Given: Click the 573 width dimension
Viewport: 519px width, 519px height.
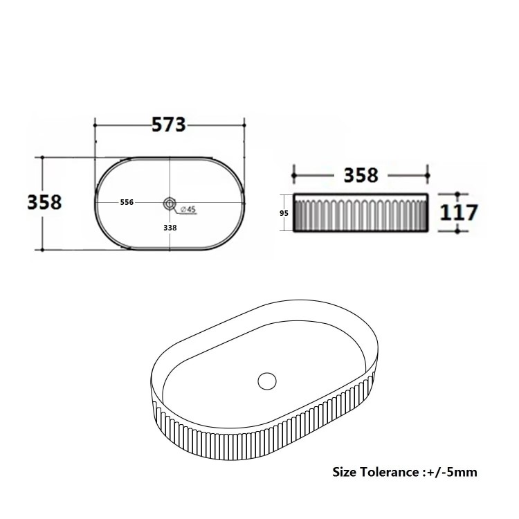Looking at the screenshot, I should pyautogui.click(x=169, y=125).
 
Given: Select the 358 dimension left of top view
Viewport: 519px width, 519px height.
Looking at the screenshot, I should pyautogui.click(x=45, y=201).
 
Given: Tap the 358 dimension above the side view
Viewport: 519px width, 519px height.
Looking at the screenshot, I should pyautogui.click(x=362, y=174).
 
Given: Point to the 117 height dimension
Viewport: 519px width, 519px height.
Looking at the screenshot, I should pyautogui.click(x=459, y=212).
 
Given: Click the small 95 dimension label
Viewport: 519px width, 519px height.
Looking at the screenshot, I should pyautogui.click(x=284, y=214).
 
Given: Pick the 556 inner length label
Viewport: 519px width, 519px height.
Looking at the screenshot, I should pyautogui.click(x=127, y=202).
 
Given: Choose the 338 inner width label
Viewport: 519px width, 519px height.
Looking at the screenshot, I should pyautogui.click(x=170, y=227).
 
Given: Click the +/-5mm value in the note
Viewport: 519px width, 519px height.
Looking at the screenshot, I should pyautogui.click(x=453, y=473).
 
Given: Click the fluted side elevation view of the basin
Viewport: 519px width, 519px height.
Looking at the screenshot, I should pyautogui.click(x=362, y=214).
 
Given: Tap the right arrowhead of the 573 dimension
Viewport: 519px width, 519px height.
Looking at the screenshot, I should pyautogui.click(x=244, y=125).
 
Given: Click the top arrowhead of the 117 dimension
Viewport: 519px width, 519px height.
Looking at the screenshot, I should pyautogui.click(x=457, y=195).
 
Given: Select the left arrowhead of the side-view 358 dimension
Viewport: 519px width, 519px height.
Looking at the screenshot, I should pyautogui.click(x=295, y=175).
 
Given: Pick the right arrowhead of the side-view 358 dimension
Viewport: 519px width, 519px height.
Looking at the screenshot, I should pyautogui.click(x=428, y=175).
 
